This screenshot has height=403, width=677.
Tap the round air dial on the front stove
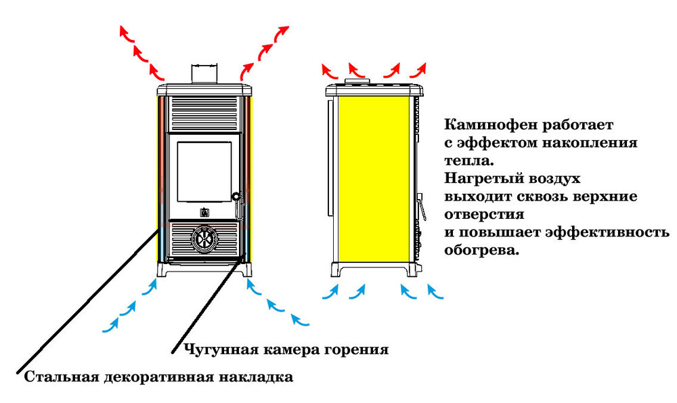(x=204, y=238)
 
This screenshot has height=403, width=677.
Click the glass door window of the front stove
(x=204, y=173)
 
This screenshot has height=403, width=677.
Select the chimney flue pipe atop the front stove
(x=203, y=72)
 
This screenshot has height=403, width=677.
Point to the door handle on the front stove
(x=236, y=203)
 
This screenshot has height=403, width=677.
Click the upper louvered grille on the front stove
(x=203, y=112)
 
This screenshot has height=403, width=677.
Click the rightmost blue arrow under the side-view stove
(x=435, y=292)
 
